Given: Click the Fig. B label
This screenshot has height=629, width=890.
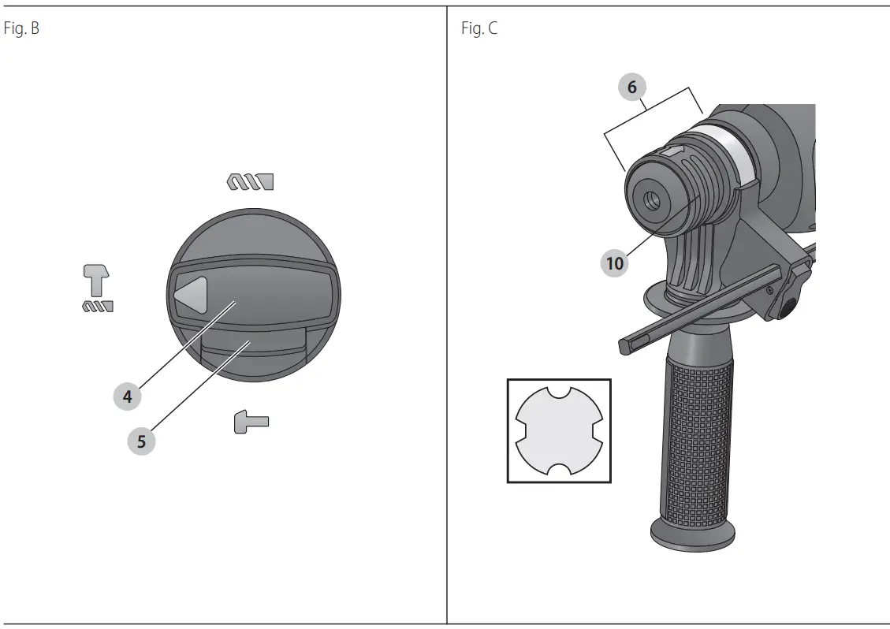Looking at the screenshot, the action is [x=21, y=28].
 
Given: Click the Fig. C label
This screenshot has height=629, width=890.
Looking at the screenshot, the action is [x=479, y=28].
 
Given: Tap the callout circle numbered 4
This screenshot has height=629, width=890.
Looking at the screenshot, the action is [x=127, y=396].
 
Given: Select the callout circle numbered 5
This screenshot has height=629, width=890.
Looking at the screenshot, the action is [x=141, y=441].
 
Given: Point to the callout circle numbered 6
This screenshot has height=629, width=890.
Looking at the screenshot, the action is [x=631, y=87].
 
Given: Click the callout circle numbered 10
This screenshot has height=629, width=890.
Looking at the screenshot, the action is [x=615, y=262].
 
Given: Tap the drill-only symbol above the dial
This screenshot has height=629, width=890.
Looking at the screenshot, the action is [x=251, y=181].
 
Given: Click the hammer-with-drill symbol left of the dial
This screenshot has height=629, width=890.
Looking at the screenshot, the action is [x=98, y=288].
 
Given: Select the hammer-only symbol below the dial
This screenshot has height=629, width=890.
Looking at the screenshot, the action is [x=251, y=422].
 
